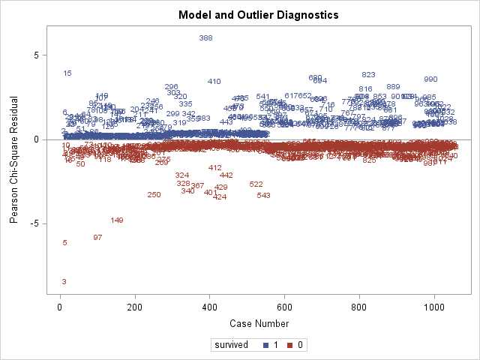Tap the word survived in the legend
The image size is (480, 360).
pyautogui.click(x=232, y=346)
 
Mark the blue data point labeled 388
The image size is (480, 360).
pyautogui.click(x=205, y=38)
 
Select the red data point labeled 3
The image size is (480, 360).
pyautogui.click(x=64, y=282)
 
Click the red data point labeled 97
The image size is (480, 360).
pyautogui.click(x=97, y=238)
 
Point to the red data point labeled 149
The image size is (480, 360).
pyautogui.click(x=117, y=220)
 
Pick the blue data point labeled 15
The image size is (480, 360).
pyautogui.click(x=67, y=73)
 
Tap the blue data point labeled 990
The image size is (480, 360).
pyautogui.click(x=430, y=79)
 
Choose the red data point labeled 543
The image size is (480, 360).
pyautogui.click(x=263, y=196)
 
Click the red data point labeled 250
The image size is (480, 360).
pyautogui.click(x=154, y=195)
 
